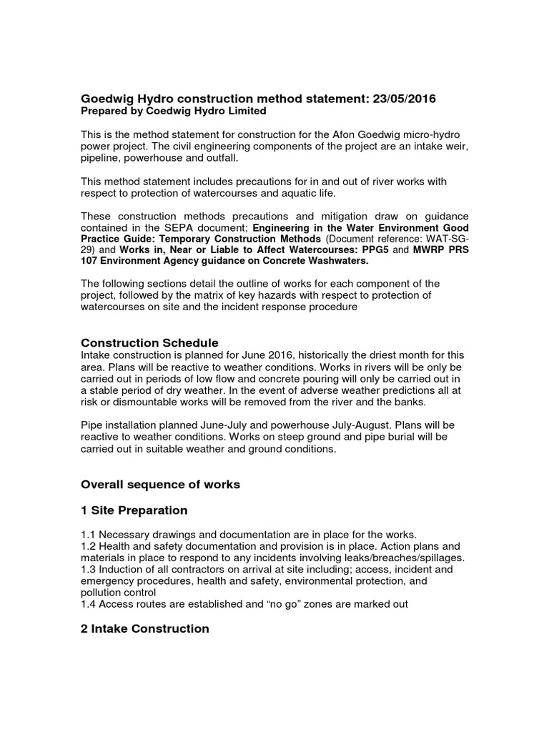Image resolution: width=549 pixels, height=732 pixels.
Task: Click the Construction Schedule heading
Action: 149,342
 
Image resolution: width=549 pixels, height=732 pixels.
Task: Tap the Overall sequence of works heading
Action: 160,485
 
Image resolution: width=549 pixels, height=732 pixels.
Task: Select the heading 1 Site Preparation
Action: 134,510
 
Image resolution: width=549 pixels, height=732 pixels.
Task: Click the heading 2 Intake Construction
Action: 145,628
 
